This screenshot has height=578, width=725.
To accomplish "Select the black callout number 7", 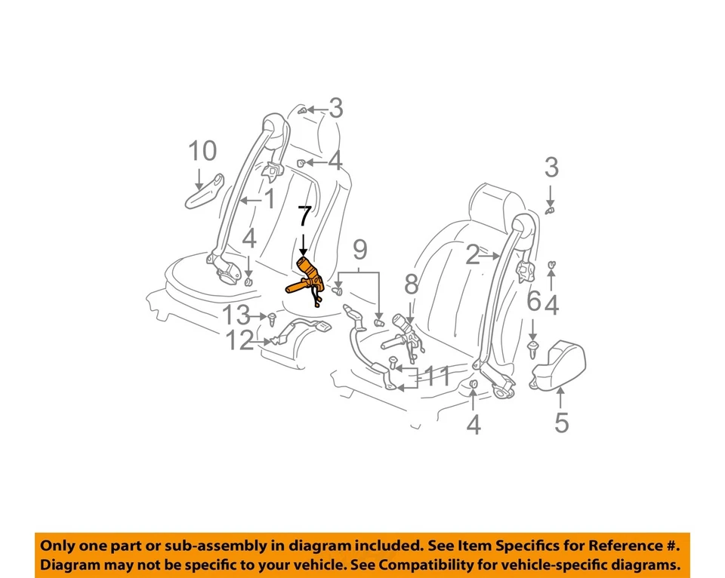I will (x=303, y=217).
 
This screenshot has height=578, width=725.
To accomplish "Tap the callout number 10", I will (x=202, y=152).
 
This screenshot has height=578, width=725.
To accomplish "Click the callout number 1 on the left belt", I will (x=268, y=199).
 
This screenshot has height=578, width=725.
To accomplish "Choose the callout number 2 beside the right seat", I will (x=473, y=257).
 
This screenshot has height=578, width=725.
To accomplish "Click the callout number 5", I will (x=561, y=422).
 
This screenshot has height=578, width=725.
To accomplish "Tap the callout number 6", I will (x=533, y=302).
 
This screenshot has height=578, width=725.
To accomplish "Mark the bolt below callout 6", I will (x=534, y=346).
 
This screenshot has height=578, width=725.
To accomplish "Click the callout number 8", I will (x=411, y=284).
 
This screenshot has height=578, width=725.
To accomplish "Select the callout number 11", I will (x=437, y=377).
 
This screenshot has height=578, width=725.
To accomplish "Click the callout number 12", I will (x=240, y=341).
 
